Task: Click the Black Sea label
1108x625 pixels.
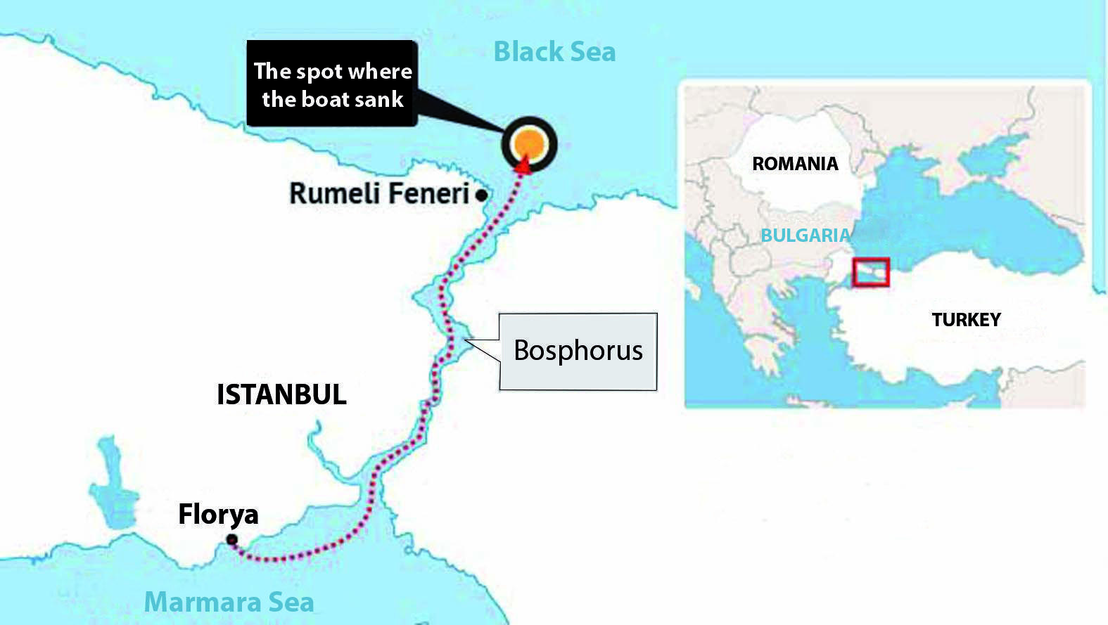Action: click(554, 52)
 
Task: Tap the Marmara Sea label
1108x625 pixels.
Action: click(229, 603)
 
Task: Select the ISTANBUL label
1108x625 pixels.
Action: click(281, 394)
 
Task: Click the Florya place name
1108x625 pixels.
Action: click(218, 515)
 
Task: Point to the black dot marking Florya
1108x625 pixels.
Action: click(231, 540)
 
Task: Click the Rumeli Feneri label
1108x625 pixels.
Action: click(378, 193)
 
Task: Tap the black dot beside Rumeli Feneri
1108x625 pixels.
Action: click(481, 195)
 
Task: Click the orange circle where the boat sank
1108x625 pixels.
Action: click(529, 144)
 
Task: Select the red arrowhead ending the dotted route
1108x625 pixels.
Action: click(522, 165)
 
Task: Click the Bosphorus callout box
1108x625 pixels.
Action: click(578, 351)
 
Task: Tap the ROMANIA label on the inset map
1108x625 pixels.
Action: click(795, 164)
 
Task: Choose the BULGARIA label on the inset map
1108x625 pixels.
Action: click(805, 236)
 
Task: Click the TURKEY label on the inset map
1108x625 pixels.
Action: click(966, 320)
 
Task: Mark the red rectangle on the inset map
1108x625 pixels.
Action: click(871, 272)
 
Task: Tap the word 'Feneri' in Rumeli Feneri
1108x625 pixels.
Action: click(428, 193)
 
